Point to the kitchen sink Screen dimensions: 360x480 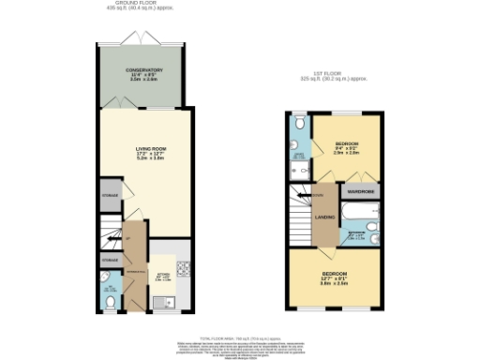point(168,302)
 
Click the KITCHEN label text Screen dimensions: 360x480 point(160,277)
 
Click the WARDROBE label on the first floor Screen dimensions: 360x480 point(361,191)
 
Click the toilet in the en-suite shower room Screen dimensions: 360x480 point(298,122)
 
